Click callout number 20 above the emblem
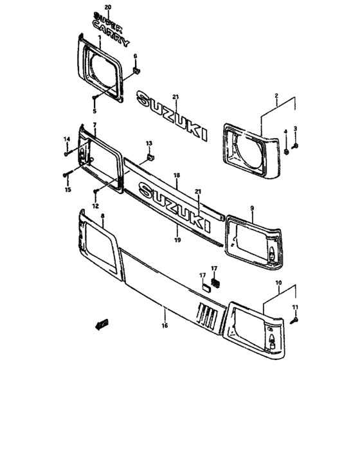coord(107,6)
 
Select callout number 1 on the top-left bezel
coord(100,38)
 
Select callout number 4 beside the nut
coord(285,132)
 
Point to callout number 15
coord(66,190)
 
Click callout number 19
coord(177,239)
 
